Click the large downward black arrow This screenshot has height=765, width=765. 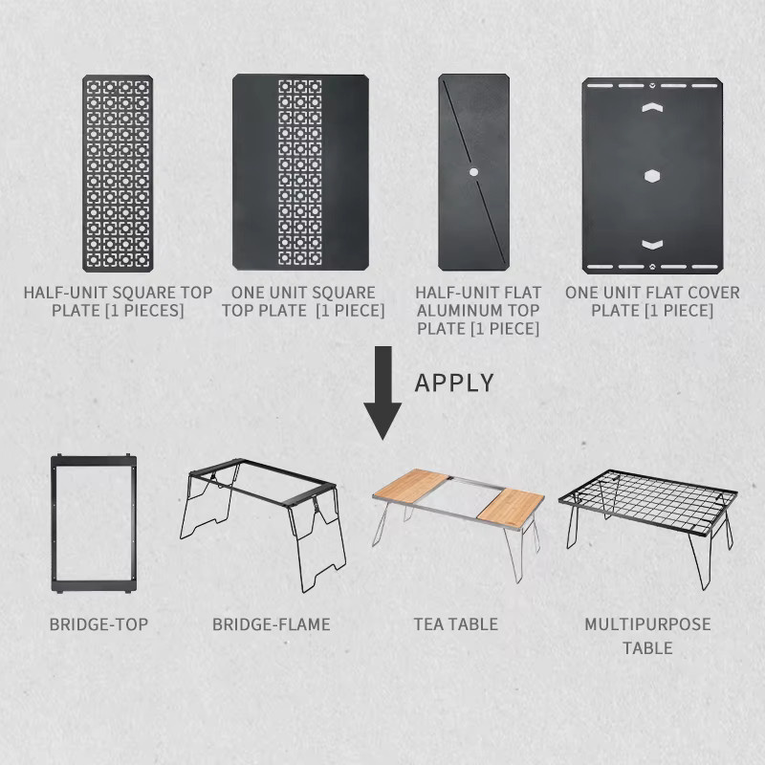point(383,390)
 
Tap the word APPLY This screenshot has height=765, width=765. point(454,382)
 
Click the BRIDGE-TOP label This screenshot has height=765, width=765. point(98,624)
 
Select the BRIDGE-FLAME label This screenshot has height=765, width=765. point(272,624)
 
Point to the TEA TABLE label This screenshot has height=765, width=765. point(456,624)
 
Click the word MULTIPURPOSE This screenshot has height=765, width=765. point(647,624)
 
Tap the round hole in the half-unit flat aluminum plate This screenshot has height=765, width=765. point(473,172)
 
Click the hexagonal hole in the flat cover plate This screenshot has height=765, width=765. point(652,176)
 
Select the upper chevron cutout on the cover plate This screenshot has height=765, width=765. point(652,107)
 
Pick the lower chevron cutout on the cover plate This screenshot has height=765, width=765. point(652,245)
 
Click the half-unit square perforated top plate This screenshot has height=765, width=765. point(118,173)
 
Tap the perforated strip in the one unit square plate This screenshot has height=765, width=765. point(300,173)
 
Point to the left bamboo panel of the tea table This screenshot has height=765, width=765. point(411,487)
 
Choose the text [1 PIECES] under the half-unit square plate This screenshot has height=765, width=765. point(145,311)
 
